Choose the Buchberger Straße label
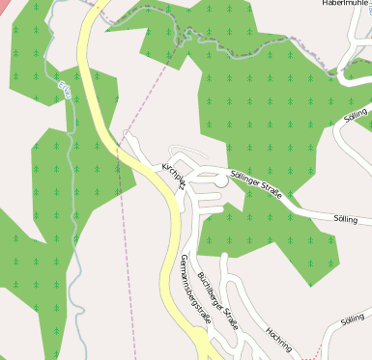pyautogui.click(x=217, y=301)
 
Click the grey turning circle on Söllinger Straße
pyautogui.click(x=221, y=180)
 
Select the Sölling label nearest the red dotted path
pyautogui.click(x=353, y=318)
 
